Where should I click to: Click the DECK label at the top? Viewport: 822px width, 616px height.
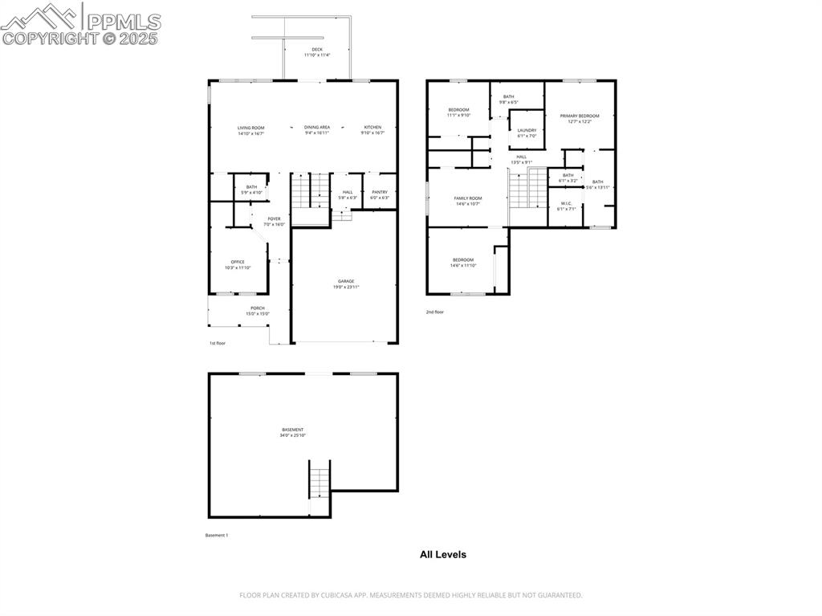coord(317,50)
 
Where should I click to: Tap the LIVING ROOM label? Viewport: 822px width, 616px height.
coord(250,128)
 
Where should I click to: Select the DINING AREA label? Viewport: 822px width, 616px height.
coord(317,128)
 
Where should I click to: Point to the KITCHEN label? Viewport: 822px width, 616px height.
coord(372,128)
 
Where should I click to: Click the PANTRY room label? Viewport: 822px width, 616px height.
coord(379,192)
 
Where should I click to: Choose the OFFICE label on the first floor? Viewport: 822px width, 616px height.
coord(238,262)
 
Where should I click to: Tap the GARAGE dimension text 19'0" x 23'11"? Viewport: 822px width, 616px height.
coord(346,287)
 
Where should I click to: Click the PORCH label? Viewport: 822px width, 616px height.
coord(258,308)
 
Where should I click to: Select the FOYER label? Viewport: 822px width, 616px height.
coord(275,218)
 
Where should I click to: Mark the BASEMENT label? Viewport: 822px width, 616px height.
coord(293,430)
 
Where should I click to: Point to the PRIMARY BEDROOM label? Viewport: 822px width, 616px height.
coord(580,116)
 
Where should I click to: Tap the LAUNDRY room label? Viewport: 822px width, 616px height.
coord(527,130)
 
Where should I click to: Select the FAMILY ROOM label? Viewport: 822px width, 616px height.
coord(467,198)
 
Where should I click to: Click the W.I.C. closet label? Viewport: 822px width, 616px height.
coord(566,203)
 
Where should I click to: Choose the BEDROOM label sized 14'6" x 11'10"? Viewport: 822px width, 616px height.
coord(463,259)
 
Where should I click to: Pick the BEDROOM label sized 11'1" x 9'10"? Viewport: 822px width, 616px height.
coord(458,109)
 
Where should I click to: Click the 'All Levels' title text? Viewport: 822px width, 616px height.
coord(442,554)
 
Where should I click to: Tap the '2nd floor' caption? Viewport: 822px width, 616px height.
coord(434,312)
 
